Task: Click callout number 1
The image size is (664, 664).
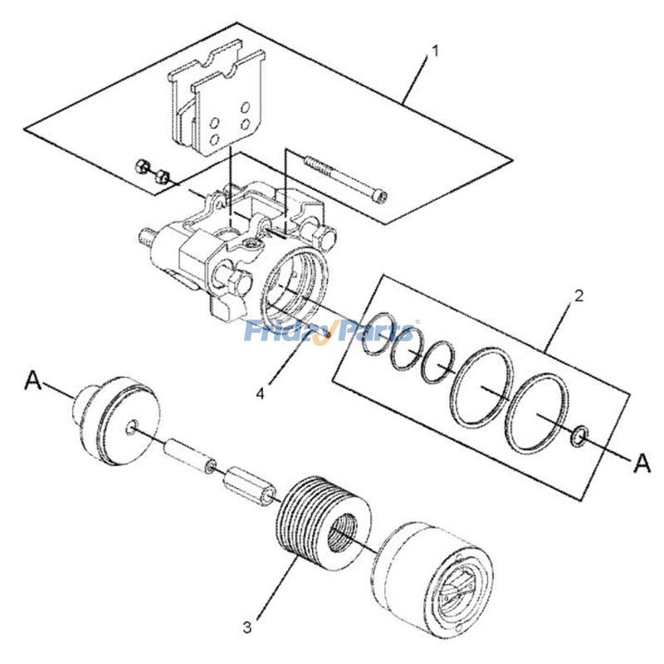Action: tap(433, 51)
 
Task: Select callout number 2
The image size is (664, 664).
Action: tap(579, 295)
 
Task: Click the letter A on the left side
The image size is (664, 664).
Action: tap(33, 380)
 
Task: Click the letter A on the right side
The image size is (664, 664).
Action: tap(642, 463)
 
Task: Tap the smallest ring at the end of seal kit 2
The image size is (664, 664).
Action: tap(580, 434)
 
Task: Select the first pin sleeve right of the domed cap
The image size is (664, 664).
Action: tap(188, 455)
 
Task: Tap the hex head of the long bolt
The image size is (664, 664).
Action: tap(381, 197)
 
